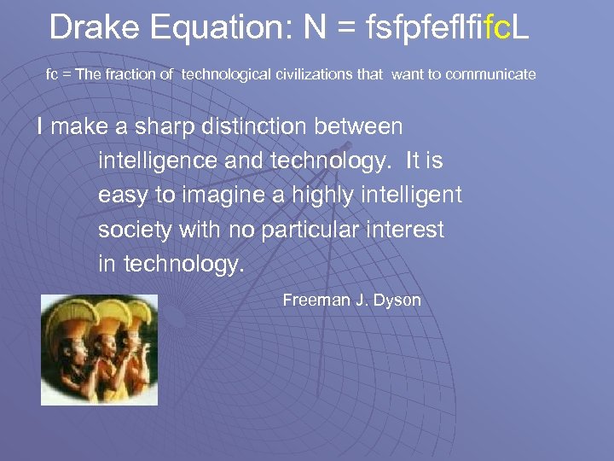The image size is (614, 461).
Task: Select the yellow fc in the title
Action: tap(497, 28)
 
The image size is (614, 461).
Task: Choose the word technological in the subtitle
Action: tap(226, 74)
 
